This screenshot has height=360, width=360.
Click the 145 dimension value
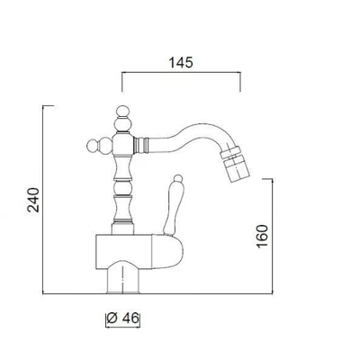pos(181,62)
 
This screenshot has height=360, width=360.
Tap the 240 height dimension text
pos(33,200)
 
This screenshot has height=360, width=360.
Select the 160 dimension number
pos(262,236)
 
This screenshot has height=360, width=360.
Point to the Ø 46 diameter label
pos(123,319)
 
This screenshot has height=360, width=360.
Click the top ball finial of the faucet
pos(123,112)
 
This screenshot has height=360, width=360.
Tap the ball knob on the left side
pos(93,146)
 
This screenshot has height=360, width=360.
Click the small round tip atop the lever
pos(178,178)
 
